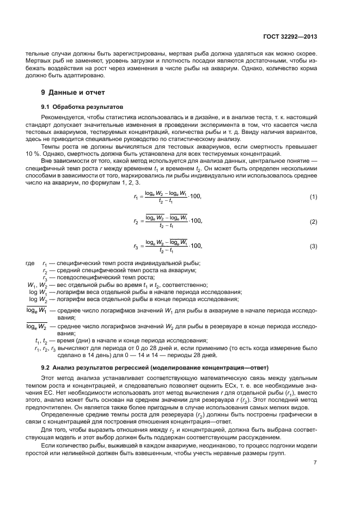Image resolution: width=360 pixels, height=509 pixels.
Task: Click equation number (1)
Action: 313,197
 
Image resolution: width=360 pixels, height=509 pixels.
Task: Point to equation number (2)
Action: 313,222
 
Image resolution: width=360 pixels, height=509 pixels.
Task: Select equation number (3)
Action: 313,247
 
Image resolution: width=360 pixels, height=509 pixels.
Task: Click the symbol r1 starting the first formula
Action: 136,197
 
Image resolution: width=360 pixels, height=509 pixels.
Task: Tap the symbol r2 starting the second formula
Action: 136,222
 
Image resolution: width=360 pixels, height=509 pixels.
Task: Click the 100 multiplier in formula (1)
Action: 196,197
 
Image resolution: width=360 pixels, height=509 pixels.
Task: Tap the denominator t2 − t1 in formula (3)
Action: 164,251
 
